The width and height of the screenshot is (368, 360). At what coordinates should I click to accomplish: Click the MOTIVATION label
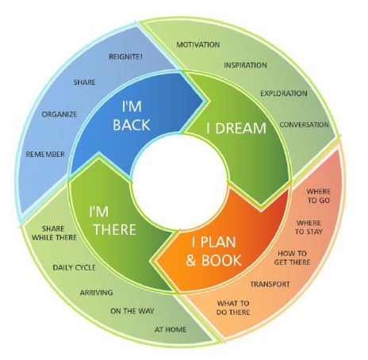(x=198, y=44)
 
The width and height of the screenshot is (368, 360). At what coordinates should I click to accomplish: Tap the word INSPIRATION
(x=245, y=65)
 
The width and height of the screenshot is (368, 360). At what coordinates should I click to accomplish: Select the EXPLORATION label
(x=284, y=94)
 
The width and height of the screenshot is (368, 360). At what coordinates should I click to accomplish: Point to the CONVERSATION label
(x=305, y=124)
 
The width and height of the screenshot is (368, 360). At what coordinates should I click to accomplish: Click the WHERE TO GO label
(x=319, y=196)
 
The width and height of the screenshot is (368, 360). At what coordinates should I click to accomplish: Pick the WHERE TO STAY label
(x=309, y=228)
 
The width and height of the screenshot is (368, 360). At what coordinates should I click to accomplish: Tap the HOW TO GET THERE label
(x=292, y=258)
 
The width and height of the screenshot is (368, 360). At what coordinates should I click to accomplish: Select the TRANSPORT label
(x=270, y=284)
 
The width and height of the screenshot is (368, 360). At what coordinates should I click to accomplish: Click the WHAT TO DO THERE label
(x=233, y=308)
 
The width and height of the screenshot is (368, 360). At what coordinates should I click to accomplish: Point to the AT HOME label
(x=171, y=329)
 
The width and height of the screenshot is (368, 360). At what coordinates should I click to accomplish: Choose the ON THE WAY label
(x=132, y=311)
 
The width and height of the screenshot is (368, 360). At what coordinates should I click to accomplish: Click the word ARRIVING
(x=96, y=293)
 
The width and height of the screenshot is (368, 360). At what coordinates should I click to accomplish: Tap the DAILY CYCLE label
(x=75, y=267)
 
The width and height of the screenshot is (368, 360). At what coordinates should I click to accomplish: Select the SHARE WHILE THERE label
(x=54, y=233)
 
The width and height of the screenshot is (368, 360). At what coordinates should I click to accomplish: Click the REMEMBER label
(x=45, y=154)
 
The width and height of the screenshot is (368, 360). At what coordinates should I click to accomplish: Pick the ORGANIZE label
(x=59, y=114)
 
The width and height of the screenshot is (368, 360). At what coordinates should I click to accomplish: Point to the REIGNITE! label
(x=126, y=56)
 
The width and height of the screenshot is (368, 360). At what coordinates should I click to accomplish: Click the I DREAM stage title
(x=236, y=128)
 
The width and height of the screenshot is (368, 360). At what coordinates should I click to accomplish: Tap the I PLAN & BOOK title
(x=213, y=251)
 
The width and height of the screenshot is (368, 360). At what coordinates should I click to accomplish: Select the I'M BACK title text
(x=132, y=116)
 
